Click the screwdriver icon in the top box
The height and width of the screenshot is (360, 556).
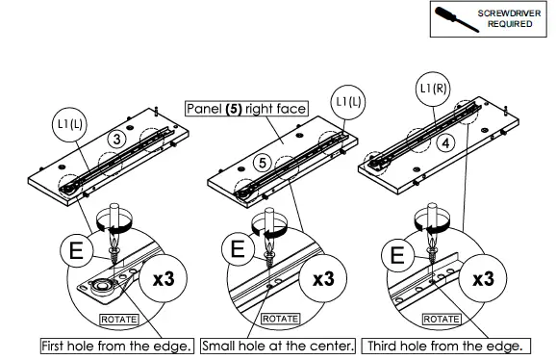pos(456,19)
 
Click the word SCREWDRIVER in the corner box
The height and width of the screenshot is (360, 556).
pos(509,13)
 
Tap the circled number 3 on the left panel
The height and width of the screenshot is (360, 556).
pos(116,139)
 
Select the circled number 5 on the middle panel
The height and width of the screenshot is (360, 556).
pos(263,163)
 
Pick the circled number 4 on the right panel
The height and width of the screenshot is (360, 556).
pos(445,143)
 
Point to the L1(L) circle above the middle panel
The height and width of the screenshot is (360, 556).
pos(348,102)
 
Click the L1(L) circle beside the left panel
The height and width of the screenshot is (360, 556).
pos(70,125)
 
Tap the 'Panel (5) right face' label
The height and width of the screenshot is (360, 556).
pos(246,109)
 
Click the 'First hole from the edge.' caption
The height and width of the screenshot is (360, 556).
pos(117,346)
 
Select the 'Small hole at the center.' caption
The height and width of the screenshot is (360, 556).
pos(278,346)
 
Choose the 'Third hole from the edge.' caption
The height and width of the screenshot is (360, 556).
pos(445,346)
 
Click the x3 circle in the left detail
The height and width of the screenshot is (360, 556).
pos(164,278)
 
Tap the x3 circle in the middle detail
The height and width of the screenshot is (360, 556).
pos(323,278)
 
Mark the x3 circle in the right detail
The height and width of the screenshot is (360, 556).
pos(483,278)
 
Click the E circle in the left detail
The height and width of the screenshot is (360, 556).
pos(77,251)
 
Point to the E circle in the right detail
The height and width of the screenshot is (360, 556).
pos(397,255)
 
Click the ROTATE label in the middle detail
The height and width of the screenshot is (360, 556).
pos(280,319)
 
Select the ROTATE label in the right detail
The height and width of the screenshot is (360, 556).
pos(442,320)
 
